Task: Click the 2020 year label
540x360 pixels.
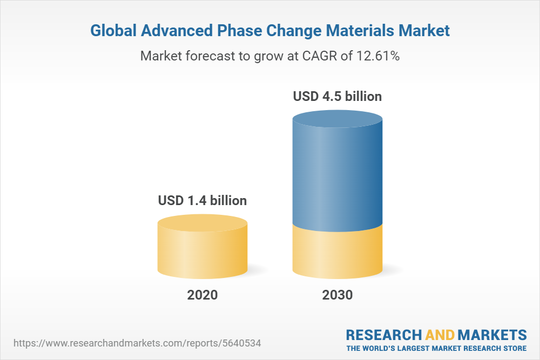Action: pyautogui.click(x=202, y=295)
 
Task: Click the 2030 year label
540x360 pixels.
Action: pyautogui.click(x=337, y=295)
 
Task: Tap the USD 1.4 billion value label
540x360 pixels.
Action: pyautogui.click(x=202, y=201)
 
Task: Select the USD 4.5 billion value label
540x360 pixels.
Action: pyautogui.click(x=337, y=97)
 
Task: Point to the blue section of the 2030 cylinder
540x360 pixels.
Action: pyautogui.click(x=337, y=173)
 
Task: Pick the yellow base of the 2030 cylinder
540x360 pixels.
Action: pyautogui.click(x=337, y=254)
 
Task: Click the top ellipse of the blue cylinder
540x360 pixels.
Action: pyautogui.click(x=337, y=119)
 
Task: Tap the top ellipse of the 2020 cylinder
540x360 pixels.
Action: pyautogui.click(x=202, y=223)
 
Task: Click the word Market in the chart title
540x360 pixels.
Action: pyautogui.click(x=424, y=31)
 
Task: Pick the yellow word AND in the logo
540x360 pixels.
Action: pyautogui.click(x=440, y=334)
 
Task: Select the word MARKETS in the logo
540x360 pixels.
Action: pyautogui.click(x=492, y=334)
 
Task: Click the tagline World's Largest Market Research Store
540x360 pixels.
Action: pyautogui.click(x=436, y=348)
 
